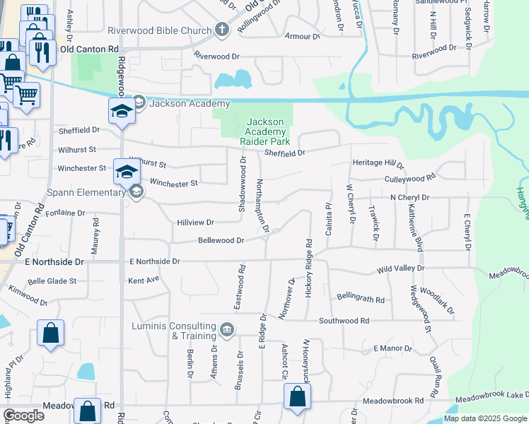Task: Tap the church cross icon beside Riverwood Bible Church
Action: tap(222, 30)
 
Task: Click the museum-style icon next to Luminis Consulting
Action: tap(227, 329)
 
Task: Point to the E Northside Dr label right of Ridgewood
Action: tap(155, 261)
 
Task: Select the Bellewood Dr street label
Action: tap(221, 240)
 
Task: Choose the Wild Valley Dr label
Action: tap(400, 269)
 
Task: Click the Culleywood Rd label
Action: tap(410, 179)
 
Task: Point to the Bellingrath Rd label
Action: tap(361, 298)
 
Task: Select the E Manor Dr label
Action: tap(392, 348)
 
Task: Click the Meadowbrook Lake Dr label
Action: tap(492, 398)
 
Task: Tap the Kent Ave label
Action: tap(144, 281)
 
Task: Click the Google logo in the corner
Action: tap(23, 416)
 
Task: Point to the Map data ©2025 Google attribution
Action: tap(484, 418)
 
